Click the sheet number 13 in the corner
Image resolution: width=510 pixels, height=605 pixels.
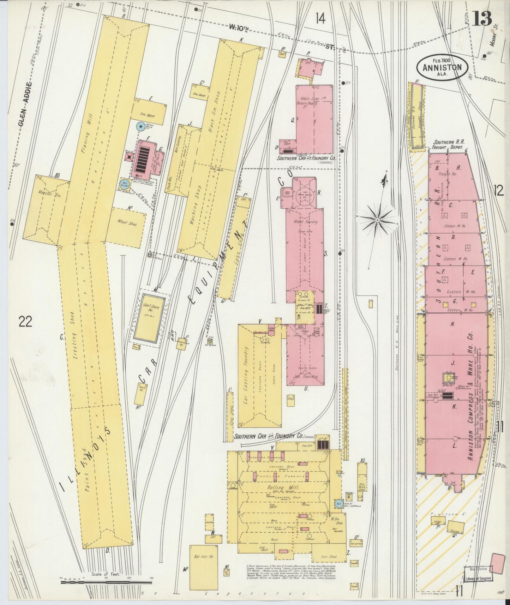pos(482,18)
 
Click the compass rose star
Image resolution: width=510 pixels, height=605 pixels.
pos(378,220)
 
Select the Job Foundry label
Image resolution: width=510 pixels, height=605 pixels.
pos(304,377)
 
